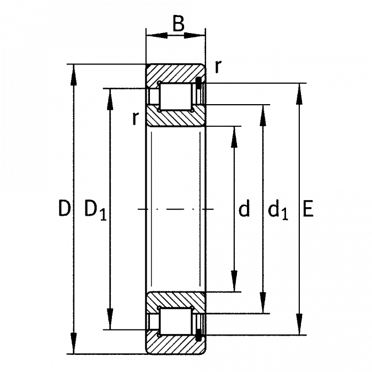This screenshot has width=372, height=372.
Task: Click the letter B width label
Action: pyautogui.click(x=179, y=24)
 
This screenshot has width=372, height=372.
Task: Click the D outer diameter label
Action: pyautogui.click(x=64, y=208)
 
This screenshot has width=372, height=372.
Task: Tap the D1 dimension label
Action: pyautogui.click(x=95, y=210)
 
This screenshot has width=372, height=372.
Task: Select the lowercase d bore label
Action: pyautogui.click(x=244, y=208)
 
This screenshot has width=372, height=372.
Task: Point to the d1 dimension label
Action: pyautogui.click(x=278, y=209)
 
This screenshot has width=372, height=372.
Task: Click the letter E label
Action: pyautogui.click(x=308, y=208)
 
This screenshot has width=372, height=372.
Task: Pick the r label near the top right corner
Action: pyautogui.click(x=218, y=67)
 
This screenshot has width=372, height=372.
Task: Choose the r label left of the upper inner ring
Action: pyautogui.click(x=135, y=118)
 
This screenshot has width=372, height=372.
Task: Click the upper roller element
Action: pyautogui.click(x=176, y=96)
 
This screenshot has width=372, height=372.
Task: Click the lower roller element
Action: pyautogui.click(x=176, y=321)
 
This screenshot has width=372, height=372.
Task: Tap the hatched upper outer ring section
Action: pyautogui.click(x=175, y=73)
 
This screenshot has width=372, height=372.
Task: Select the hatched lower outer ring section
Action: pyautogui.click(x=175, y=344)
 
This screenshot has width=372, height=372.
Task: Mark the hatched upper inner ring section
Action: pyautogui.click(x=176, y=116)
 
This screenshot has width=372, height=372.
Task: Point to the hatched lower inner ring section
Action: pyautogui.click(x=176, y=302)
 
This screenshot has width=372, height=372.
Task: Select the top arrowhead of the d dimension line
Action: pyautogui.click(x=234, y=137)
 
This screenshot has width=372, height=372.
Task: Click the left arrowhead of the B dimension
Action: pyautogui.click(x=157, y=36)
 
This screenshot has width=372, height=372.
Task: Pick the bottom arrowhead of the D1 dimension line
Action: pyautogui.click(x=110, y=319)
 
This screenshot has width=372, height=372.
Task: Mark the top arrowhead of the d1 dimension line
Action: pyautogui.click(x=263, y=115)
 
